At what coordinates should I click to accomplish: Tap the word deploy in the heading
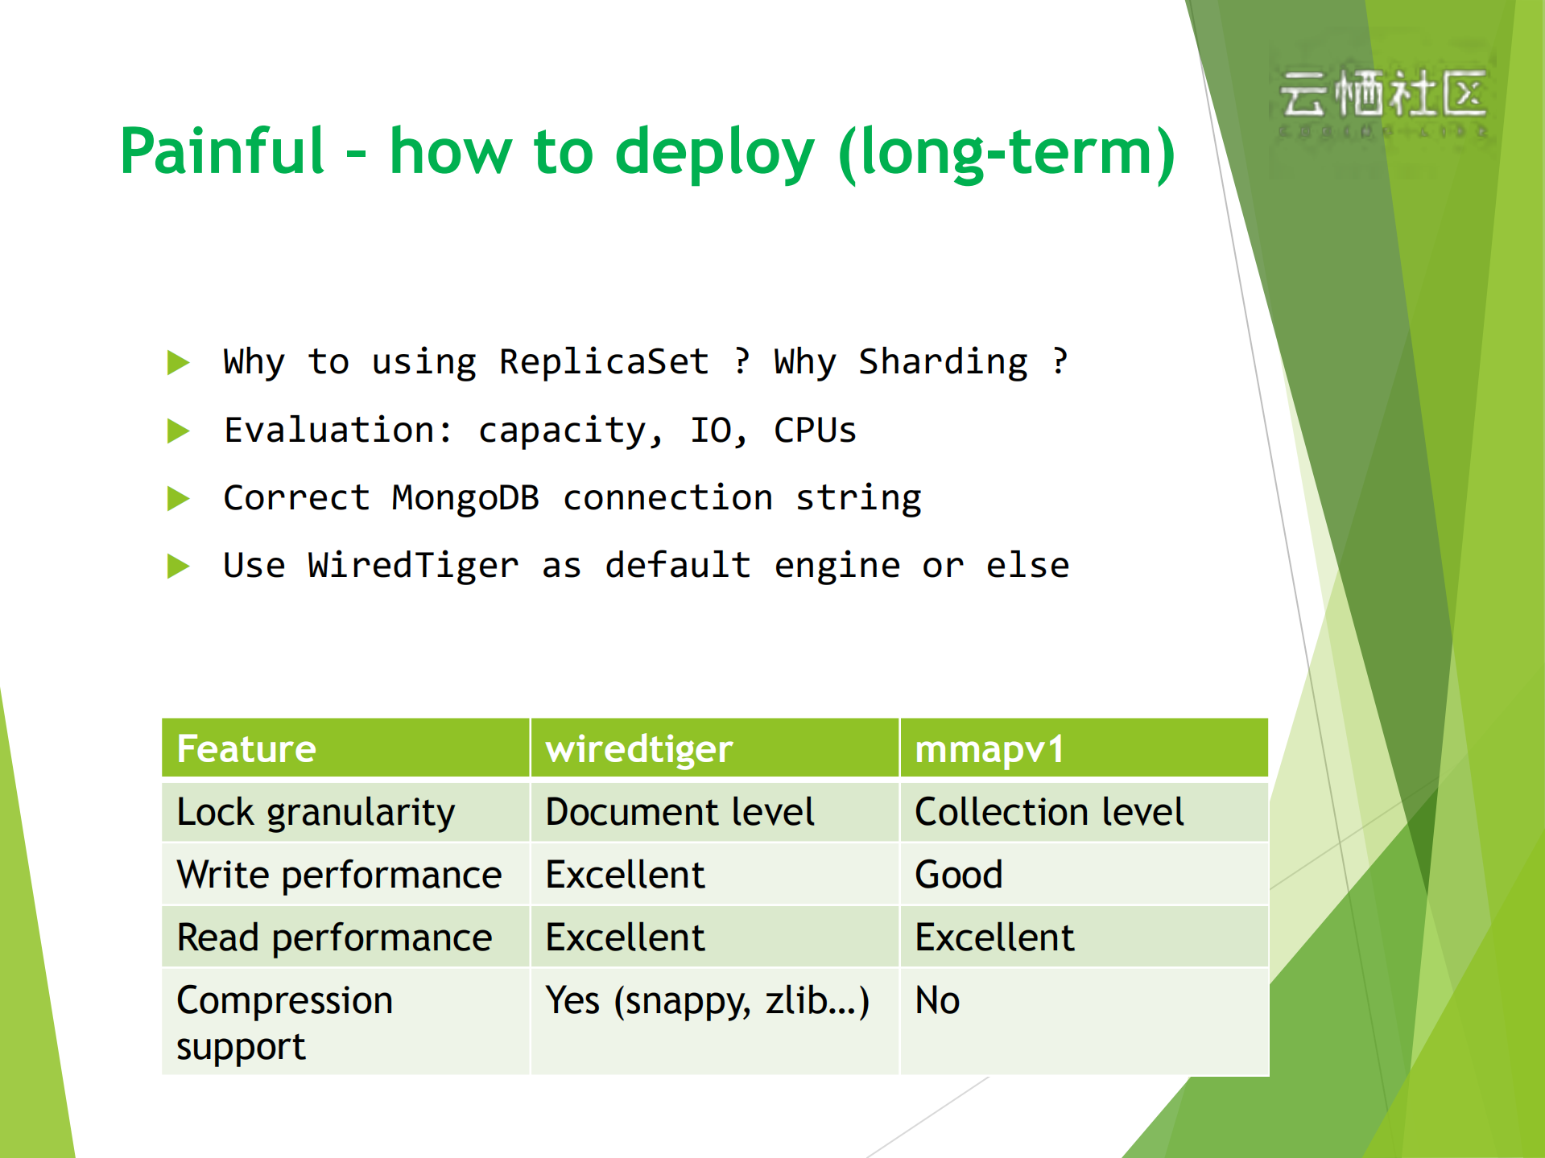(715, 153)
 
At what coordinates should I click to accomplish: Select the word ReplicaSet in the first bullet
(604, 361)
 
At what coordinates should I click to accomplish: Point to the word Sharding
(943, 361)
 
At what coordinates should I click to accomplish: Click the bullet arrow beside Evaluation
(178, 431)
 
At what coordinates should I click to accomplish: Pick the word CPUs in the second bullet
(815, 430)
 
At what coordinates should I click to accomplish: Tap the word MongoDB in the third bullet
(465, 498)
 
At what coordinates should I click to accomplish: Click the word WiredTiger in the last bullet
(413, 566)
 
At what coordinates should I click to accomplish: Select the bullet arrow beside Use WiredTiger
(178, 566)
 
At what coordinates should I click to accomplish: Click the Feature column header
(246, 748)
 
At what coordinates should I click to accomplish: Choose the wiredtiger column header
(639, 748)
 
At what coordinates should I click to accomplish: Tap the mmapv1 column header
(989, 748)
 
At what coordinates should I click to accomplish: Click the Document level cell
(680, 811)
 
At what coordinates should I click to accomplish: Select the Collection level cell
(1049, 811)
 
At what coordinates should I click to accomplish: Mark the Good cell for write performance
(959, 874)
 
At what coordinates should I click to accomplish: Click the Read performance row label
(334, 938)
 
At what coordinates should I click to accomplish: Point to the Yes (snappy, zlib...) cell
(707, 1001)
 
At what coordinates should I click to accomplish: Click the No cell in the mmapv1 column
(937, 1001)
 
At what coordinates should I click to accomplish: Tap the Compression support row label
(283, 1022)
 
